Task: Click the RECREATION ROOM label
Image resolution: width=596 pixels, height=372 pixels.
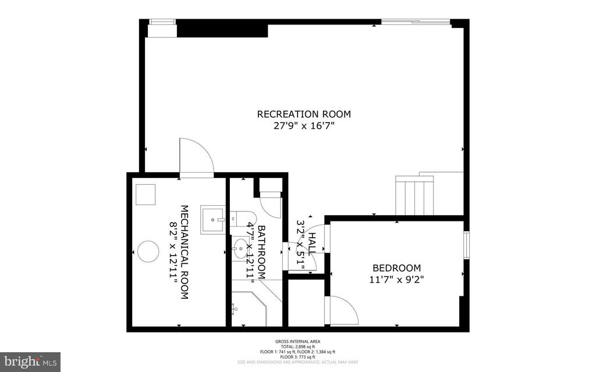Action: tap(304, 114)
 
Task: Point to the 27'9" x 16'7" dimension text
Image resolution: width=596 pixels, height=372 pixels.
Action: tap(304, 126)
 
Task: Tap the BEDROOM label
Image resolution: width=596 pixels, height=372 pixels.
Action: tap(396, 268)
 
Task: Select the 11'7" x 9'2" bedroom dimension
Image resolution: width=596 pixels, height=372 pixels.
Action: tap(396, 279)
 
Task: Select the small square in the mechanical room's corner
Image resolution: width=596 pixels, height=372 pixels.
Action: tap(146, 194)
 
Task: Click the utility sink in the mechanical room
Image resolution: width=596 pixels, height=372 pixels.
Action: tap(214, 220)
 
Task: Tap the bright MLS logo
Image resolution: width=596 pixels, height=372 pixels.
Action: tap(30, 361)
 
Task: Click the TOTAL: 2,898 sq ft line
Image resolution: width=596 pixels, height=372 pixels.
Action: tap(297, 346)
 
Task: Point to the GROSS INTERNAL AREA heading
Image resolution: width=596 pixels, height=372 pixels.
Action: tap(297, 341)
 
